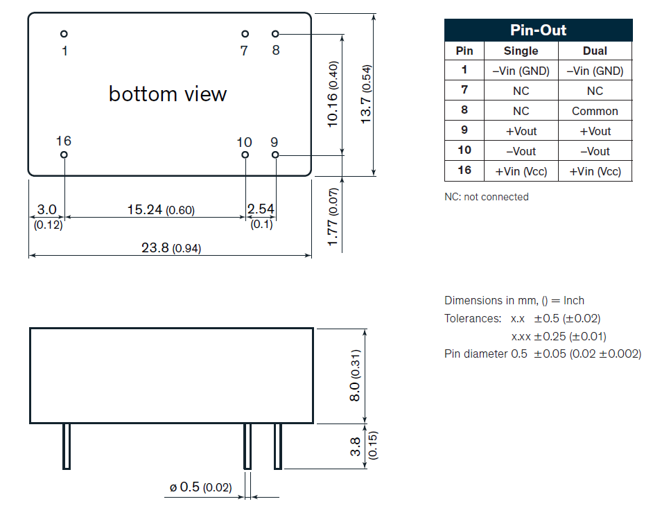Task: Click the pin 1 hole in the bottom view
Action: click(x=64, y=34)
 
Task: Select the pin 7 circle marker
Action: click(x=245, y=34)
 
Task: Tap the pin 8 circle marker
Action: click(x=275, y=34)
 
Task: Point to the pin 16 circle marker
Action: click(x=64, y=155)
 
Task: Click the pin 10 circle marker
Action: click(x=245, y=155)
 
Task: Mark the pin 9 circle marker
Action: click(x=275, y=155)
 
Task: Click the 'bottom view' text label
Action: click(x=168, y=94)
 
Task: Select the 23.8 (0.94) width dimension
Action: click(x=171, y=248)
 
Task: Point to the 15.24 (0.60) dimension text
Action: click(x=161, y=210)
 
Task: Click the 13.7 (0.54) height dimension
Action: click(x=366, y=94)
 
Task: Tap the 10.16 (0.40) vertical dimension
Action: click(x=333, y=94)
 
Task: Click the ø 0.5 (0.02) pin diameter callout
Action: click(x=200, y=488)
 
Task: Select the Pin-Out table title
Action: click(x=538, y=30)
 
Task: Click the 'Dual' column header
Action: click(x=595, y=51)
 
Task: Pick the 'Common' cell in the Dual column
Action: click(x=595, y=111)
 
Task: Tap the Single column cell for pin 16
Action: click(x=521, y=171)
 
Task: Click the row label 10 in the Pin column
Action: click(x=464, y=150)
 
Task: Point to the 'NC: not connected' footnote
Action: click(x=486, y=197)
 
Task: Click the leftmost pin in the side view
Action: click(x=67, y=446)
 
